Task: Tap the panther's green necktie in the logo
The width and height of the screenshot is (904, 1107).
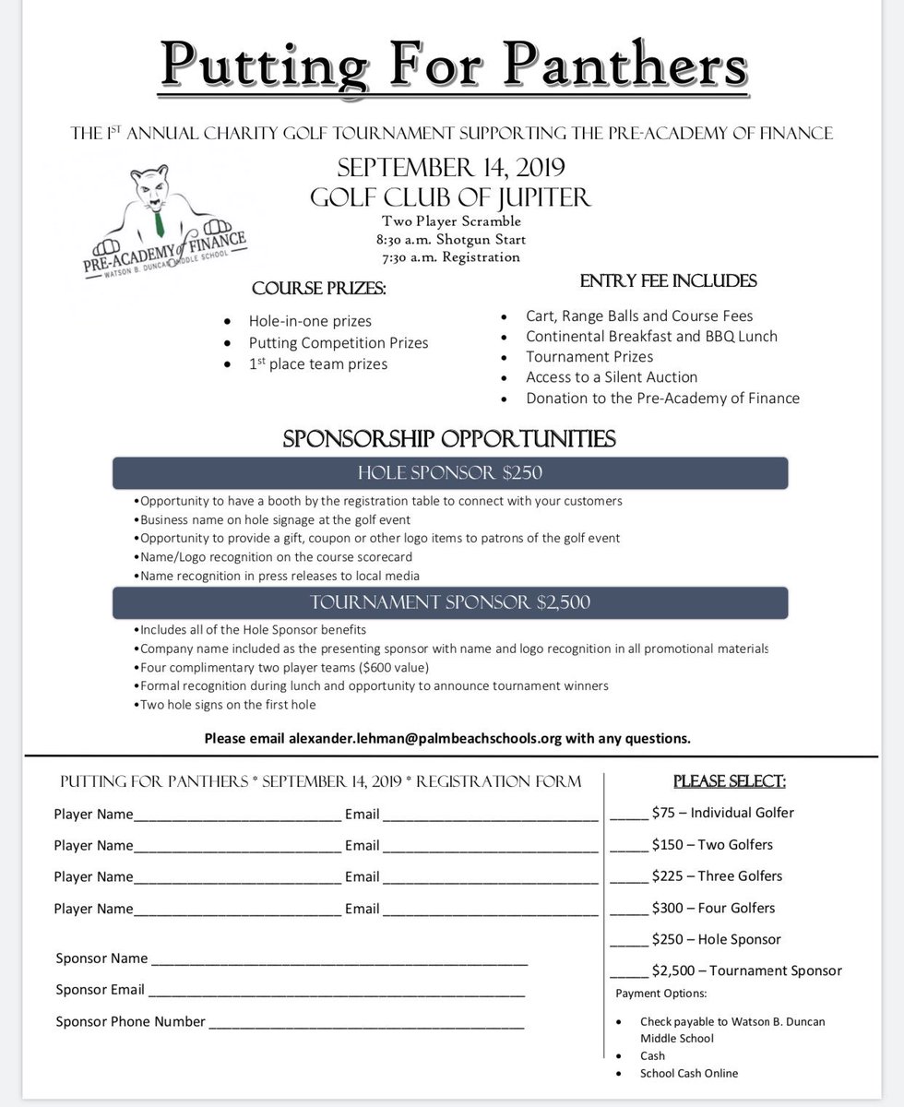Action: (x=161, y=221)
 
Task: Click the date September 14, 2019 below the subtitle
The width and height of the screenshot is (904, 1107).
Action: (x=451, y=169)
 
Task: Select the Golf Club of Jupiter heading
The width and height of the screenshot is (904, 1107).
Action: (x=451, y=196)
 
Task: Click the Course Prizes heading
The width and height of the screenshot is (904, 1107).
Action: (x=319, y=289)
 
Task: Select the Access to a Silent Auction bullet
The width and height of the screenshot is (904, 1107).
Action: (x=612, y=376)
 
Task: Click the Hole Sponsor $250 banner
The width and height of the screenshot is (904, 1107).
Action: (x=450, y=473)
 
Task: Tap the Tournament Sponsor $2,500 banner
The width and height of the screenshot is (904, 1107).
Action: (x=450, y=602)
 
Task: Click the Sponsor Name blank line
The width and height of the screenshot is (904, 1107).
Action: (x=339, y=961)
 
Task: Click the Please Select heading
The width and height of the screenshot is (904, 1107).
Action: (x=730, y=781)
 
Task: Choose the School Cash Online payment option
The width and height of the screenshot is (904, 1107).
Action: (x=689, y=1073)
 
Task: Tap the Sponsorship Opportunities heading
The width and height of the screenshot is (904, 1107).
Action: (x=450, y=437)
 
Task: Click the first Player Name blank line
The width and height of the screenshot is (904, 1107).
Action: (x=237, y=816)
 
